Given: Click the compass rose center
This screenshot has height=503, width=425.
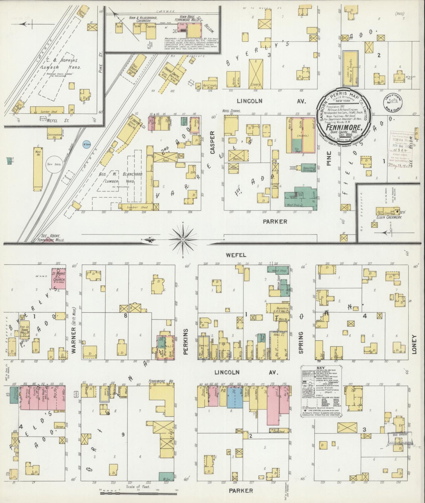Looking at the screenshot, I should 183,240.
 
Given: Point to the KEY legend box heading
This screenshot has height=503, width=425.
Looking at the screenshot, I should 321,368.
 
